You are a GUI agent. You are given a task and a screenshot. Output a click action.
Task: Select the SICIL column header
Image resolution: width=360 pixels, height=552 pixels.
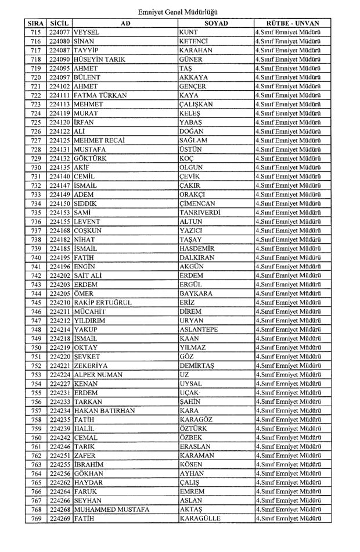(x=60, y=23)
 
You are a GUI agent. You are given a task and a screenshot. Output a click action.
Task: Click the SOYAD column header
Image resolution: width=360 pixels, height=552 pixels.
(x=216, y=23)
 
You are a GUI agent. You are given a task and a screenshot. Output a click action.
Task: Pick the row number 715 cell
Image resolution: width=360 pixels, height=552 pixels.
(x=36, y=32)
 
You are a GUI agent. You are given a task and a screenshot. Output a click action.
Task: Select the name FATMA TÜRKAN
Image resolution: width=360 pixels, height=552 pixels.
(x=100, y=95)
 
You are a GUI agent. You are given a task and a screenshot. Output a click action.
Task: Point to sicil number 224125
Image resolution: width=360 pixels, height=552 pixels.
(x=60, y=141)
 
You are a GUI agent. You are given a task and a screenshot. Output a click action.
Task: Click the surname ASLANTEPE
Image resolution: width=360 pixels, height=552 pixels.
(x=199, y=329)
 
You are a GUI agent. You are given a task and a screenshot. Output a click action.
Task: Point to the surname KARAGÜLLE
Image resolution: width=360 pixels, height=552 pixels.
(x=200, y=519)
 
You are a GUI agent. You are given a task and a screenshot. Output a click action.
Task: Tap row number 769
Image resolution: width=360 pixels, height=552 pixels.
(x=36, y=519)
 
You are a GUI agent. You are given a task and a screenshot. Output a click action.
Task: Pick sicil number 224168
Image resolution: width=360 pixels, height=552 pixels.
(x=60, y=231)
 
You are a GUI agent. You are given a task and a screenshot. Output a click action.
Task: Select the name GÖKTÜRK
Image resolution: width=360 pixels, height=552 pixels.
(x=91, y=159)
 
